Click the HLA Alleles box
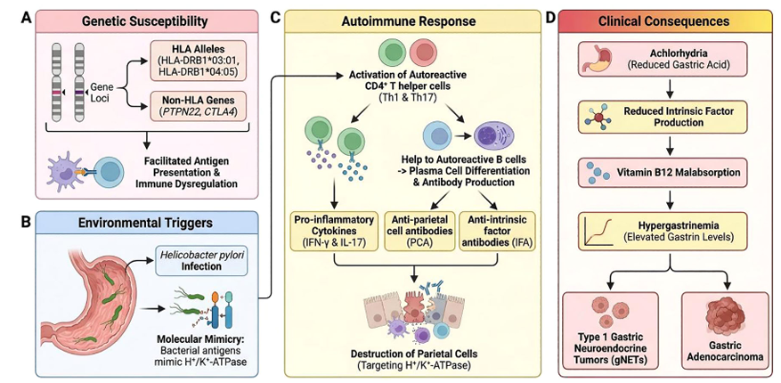(x=199, y=61)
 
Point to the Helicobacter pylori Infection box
(x=202, y=260)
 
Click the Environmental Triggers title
(x=147, y=224)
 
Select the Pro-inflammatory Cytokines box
(x=333, y=232)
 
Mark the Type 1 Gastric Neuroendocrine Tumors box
(x=610, y=334)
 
